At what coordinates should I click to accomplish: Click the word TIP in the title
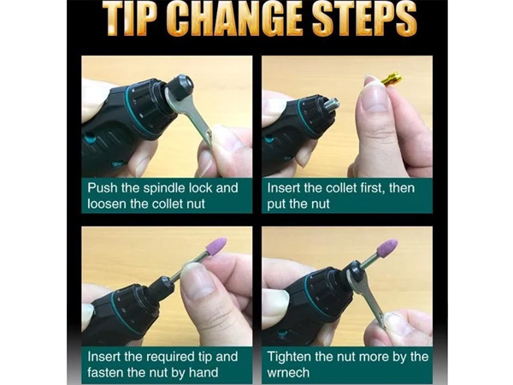pyautogui.click(x=133, y=19)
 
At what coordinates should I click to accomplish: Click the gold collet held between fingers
pyautogui.click(x=392, y=80)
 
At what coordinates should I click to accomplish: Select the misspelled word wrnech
pyautogui.click(x=288, y=373)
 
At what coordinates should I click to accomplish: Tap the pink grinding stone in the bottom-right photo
pyautogui.click(x=387, y=247)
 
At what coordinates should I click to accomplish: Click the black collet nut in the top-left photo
pyautogui.click(x=180, y=87)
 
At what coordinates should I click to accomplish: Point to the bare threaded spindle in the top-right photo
pyautogui.click(x=332, y=106)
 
